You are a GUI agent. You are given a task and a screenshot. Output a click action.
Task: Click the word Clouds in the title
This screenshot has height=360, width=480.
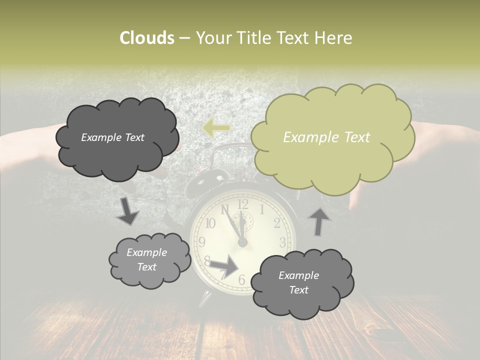point(146,38)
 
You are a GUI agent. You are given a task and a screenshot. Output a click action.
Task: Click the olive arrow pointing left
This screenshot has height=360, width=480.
point(216,128)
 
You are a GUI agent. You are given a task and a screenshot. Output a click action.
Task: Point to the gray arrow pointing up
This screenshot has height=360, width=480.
point(320,221)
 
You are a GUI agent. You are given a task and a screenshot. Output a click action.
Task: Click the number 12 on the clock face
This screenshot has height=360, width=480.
point(242,203)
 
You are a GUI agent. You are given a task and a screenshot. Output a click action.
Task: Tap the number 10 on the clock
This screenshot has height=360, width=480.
point(210,223)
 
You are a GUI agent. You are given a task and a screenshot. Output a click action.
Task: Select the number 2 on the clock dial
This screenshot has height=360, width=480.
point(276,222)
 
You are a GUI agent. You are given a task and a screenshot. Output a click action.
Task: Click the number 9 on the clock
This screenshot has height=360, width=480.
point(201,242)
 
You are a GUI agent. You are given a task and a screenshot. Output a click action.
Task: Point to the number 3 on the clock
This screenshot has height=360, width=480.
point(282,242)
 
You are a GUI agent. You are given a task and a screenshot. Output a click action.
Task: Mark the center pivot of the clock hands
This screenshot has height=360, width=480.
point(242,242)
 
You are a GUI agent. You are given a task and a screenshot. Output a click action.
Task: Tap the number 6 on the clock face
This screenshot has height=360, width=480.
point(242,280)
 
